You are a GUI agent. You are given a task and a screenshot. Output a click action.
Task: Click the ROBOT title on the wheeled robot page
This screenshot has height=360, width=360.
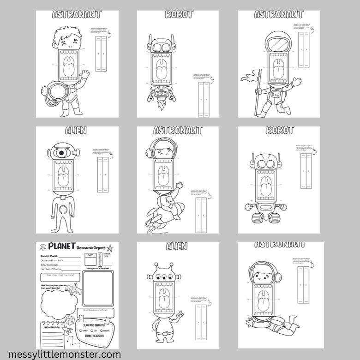click(x=279, y=131)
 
